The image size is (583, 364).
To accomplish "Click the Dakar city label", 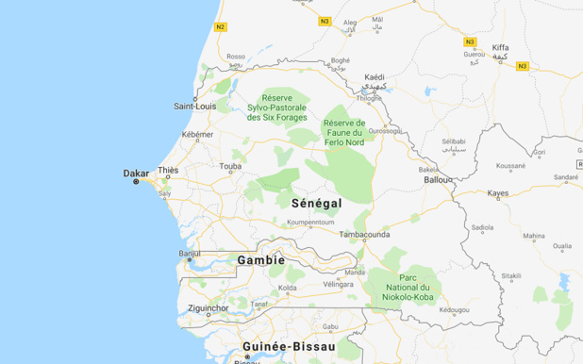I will (x=136, y=173).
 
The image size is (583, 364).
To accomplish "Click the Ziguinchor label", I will (x=208, y=307).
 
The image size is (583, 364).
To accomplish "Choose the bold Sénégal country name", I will (x=316, y=203).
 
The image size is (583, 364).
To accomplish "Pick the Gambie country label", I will (x=261, y=259).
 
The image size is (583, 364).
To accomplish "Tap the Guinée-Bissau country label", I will (x=290, y=347).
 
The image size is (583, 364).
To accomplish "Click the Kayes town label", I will (x=497, y=193).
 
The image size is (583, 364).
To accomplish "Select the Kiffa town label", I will (x=500, y=46).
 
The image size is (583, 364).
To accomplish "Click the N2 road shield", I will (x=221, y=26).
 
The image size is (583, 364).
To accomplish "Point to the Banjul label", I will (x=190, y=253).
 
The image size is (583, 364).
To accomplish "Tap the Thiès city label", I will (x=168, y=171).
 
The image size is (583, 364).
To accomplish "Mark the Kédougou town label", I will (x=454, y=309).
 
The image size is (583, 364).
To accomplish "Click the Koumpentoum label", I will (x=310, y=223).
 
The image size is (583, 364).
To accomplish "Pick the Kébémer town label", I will (x=198, y=135).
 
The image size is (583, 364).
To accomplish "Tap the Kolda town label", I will (x=288, y=288).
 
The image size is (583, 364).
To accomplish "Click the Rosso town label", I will (x=235, y=56).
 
